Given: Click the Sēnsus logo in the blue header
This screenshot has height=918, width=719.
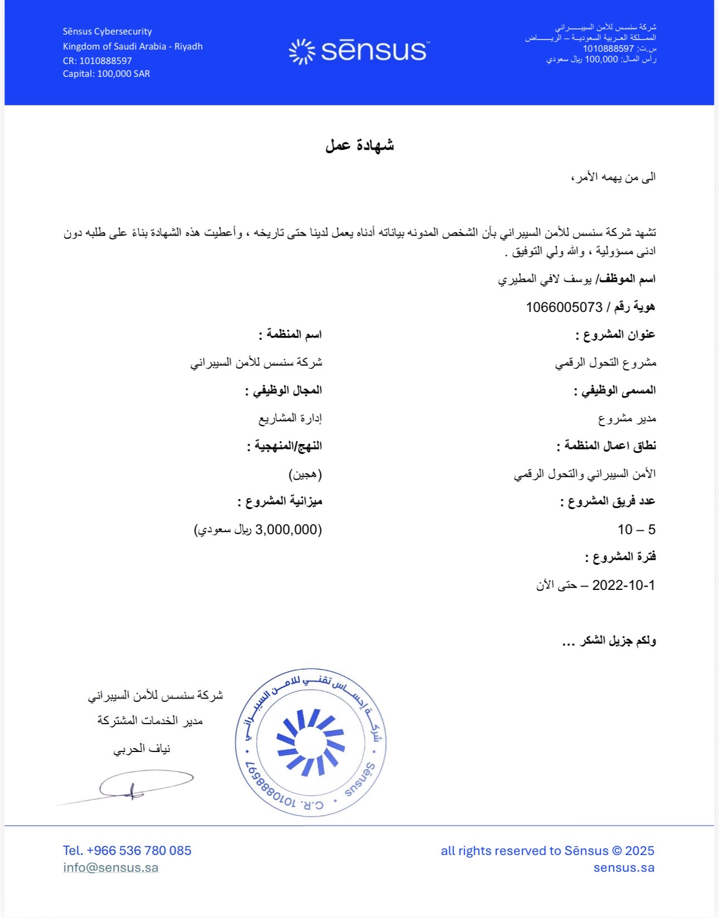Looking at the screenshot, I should [x=359, y=51].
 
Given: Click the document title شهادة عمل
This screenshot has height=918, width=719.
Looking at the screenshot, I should [x=359, y=145].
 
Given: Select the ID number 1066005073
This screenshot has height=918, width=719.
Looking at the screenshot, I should [x=564, y=307].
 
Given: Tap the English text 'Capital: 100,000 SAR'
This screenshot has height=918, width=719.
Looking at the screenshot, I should [x=106, y=74].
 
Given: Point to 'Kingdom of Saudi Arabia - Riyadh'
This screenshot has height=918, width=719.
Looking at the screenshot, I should [x=133, y=46].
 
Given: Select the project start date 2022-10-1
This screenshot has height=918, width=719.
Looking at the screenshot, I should [x=623, y=585].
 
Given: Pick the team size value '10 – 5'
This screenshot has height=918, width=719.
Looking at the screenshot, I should [x=636, y=530].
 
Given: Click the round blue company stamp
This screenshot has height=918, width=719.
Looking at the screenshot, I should [x=310, y=743].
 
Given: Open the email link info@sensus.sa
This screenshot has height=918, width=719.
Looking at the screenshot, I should [x=110, y=867].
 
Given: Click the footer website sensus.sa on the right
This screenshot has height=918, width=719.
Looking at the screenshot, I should [x=624, y=867].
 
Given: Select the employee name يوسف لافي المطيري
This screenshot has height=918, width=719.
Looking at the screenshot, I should [x=545, y=279].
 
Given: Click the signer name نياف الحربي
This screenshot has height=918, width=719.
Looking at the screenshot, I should [x=142, y=749].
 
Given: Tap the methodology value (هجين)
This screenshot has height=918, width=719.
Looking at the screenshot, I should [x=305, y=474].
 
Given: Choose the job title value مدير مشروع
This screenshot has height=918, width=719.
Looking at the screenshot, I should [x=627, y=418].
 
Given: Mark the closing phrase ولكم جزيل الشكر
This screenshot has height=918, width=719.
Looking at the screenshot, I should [x=618, y=641].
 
